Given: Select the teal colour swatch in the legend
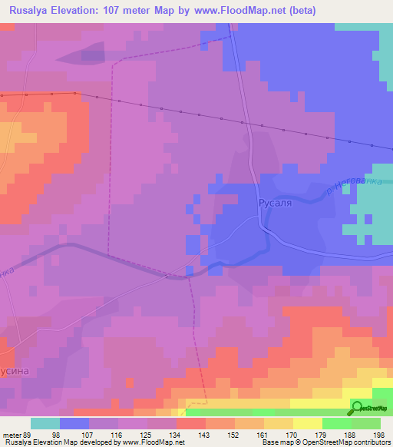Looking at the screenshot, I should coord(45,423).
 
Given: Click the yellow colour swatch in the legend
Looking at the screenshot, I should coord(308,423).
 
